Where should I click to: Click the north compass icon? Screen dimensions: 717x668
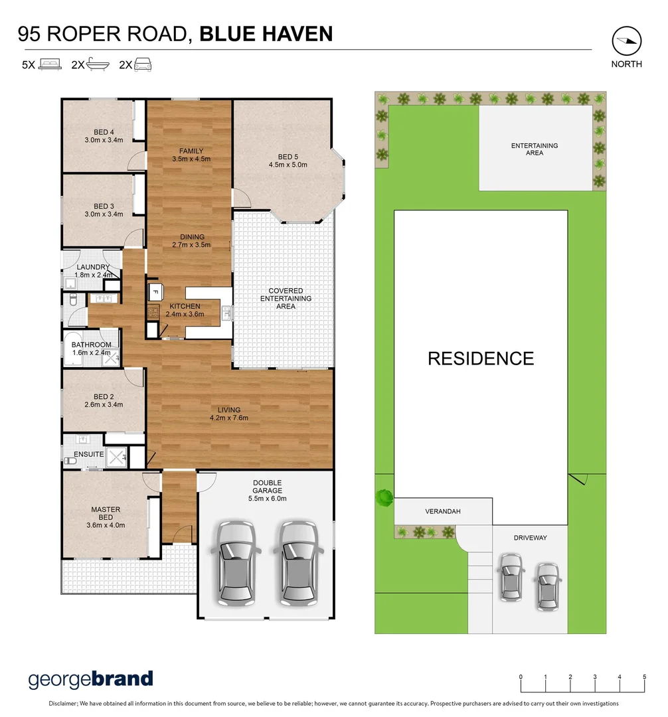click(x=627, y=41)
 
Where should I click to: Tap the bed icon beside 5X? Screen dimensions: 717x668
click(x=50, y=64)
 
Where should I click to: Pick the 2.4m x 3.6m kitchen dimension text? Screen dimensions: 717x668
click(x=184, y=314)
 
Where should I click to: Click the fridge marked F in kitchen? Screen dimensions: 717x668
click(x=155, y=291)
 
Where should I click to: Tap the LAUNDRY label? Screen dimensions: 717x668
click(x=93, y=267)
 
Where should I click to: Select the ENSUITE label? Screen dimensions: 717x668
click(x=89, y=454)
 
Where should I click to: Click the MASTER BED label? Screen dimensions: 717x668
click(x=106, y=513)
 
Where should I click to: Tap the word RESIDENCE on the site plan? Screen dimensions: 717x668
click(x=481, y=358)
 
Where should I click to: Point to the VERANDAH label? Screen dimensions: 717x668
click(x=443, y=512)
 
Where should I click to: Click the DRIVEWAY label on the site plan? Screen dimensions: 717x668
click(x=530, y=538)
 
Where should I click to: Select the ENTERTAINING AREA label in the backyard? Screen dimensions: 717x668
click(x=535, y=149)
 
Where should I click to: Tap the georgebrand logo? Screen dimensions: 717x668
click(x=90, y=678)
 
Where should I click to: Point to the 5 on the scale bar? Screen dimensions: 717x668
click(x=644, y=677)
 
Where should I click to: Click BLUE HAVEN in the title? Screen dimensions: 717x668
click(x=266, y=34)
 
